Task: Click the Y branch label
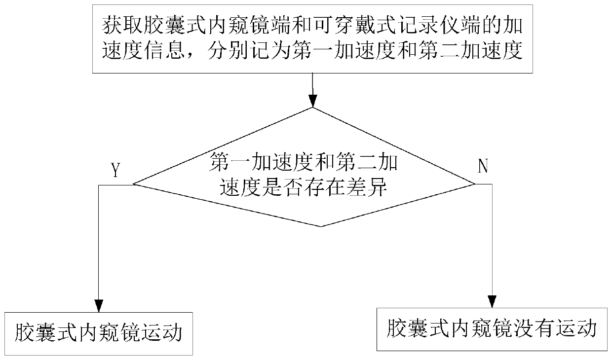point(115,170)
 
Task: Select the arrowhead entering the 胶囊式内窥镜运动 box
point(99,305)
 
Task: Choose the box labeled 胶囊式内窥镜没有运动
point(492,329)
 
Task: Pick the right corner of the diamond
point(474,184)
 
